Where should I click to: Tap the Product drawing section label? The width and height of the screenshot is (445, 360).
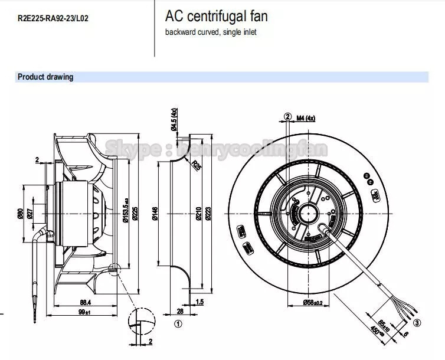45,77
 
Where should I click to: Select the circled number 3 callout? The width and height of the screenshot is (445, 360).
417,322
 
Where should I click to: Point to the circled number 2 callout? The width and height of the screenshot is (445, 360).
288,117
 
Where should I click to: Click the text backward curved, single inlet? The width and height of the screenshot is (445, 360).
211,32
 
